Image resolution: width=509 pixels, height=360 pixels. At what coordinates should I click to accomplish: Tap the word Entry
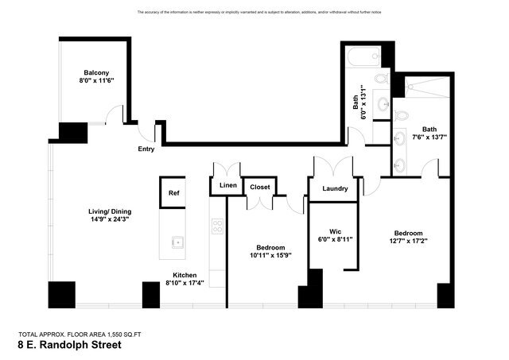pyautogui.click(x=146, y=149)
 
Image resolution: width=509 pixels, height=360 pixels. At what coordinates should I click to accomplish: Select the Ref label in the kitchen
pyautogui.click(x=173, y=192)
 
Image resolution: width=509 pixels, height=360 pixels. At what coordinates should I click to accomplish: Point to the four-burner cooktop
pyautogui.click(x=217, y=225)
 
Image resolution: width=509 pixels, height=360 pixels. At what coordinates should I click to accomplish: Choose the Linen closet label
pyautogui.click(x=225, y=187)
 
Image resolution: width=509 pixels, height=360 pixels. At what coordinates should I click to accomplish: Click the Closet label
pyautogui.click(x=260, y=187)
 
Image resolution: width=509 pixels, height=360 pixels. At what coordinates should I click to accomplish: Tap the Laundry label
pyautogui.click(x=334, y=189)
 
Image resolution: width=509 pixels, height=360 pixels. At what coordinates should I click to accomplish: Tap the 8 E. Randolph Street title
pyautogui.click(x=69, y=346)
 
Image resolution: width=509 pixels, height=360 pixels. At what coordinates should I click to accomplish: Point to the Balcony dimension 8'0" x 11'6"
pyautogui.click(x=96, y=80)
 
